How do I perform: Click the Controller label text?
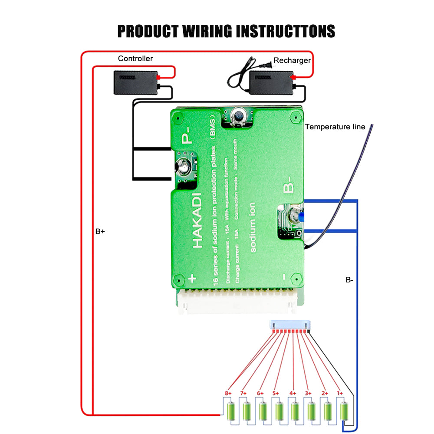tap(135, 59)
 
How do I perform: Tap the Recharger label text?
tap(292, 60)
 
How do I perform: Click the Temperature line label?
tap(335, 127)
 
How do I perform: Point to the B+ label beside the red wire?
tap(100, 232)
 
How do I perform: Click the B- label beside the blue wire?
tap(349, 280)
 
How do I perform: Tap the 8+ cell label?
tap(228, 393)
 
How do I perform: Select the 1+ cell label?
tap(339, 393)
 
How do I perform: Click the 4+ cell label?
tap(293, 393)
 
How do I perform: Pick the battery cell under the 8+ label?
tap(231, 411)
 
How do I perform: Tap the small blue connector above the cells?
tap(290, 325)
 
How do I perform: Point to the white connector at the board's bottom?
tap(237, 302)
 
